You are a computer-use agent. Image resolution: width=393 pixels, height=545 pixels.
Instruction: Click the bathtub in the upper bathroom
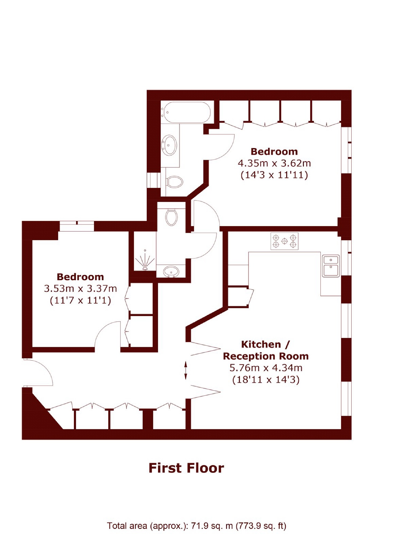187,112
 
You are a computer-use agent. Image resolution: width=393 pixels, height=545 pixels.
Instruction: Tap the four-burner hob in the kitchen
284,241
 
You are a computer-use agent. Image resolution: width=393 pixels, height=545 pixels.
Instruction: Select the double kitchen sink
331,266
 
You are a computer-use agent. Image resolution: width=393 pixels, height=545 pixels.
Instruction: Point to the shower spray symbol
145,261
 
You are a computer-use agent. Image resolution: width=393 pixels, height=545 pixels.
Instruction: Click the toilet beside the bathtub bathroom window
174,182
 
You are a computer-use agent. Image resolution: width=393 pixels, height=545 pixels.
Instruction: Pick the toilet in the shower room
171,217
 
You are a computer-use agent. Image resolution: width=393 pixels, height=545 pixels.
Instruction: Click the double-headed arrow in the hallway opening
185,370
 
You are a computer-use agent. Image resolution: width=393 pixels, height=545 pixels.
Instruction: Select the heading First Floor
186,468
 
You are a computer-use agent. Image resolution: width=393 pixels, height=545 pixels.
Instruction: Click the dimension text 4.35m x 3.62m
274,163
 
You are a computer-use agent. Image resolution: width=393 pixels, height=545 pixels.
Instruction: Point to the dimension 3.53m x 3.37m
80,289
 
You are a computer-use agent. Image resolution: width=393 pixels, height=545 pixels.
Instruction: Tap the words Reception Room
266,356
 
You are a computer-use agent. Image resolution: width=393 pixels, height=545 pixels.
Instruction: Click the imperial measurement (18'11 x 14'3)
266,380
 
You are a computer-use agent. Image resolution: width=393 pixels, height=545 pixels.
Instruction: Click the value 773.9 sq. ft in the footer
261,526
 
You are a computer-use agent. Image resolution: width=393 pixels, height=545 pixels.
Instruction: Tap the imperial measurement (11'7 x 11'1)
80,300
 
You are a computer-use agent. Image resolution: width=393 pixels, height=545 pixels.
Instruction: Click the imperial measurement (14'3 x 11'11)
274,175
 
